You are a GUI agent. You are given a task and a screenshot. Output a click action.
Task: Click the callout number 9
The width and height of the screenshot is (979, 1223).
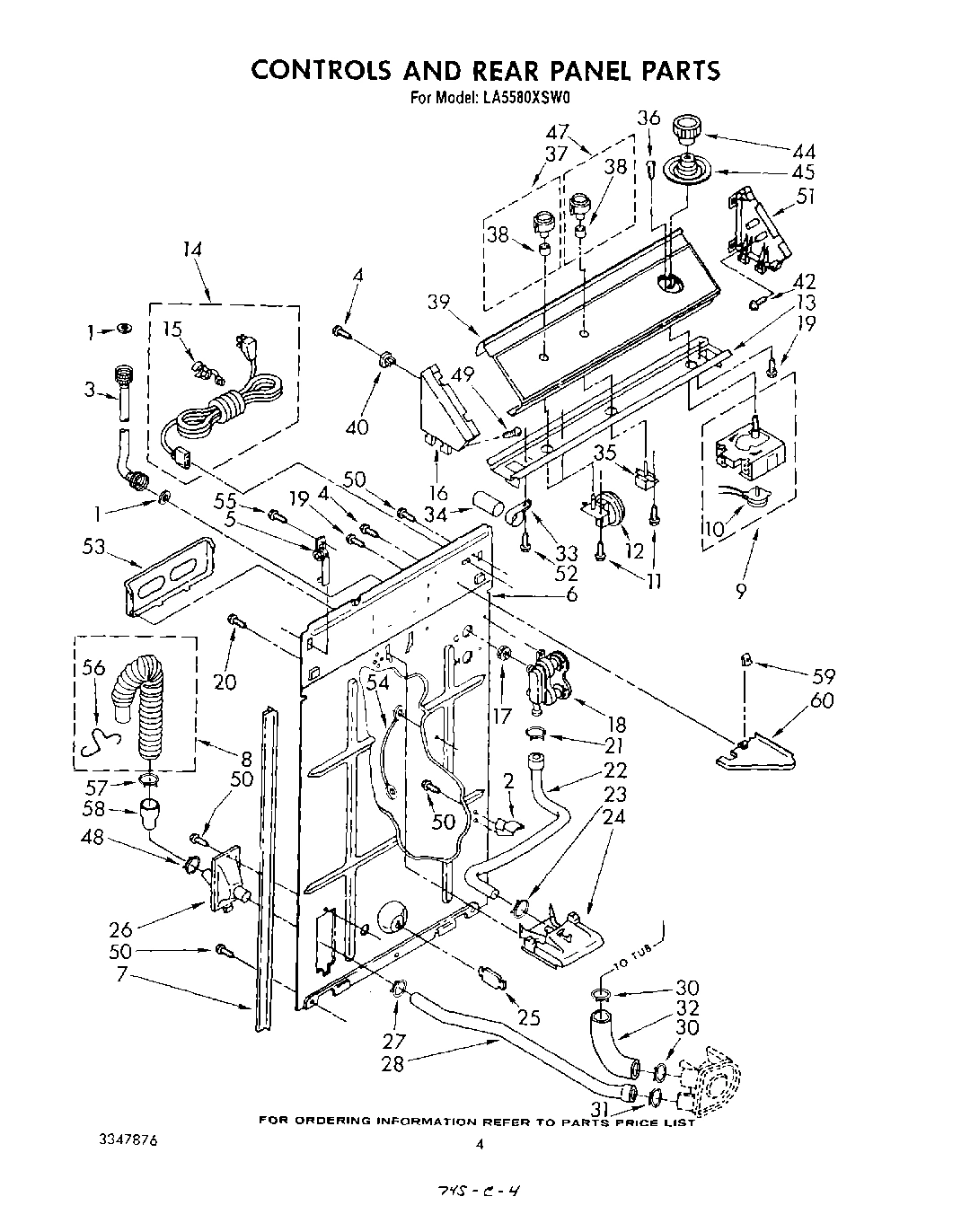tap(741, 593)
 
